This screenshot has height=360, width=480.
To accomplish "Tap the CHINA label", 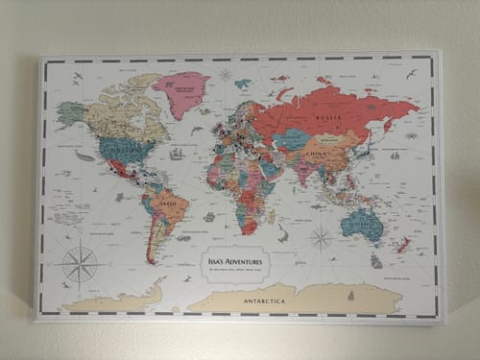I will (318, 153).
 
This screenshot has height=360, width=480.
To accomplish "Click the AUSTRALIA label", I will (364, 223).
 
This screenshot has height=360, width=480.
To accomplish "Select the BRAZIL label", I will (170, 204).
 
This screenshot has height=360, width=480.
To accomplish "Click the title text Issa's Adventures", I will (238, 259).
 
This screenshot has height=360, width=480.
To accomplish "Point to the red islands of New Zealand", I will (403, 246).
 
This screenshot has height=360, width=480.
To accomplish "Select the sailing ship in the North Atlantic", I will (177, 154).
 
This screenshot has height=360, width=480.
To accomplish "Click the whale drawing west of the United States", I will (85, 156).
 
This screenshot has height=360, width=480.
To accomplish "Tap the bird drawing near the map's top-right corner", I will (411, 75).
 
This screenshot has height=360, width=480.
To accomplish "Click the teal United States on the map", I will (124, 149).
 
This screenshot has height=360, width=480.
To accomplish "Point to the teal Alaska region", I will (71, 112).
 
